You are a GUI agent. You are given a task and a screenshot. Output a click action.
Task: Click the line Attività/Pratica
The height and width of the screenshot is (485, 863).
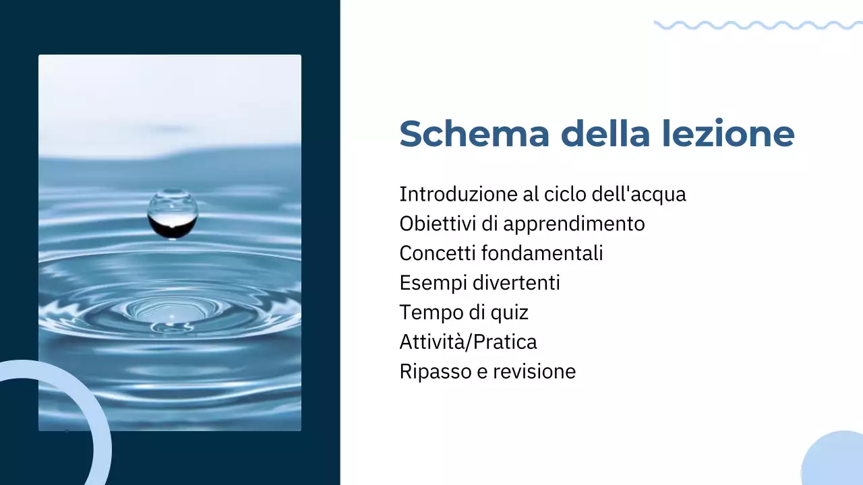[468, 342]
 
